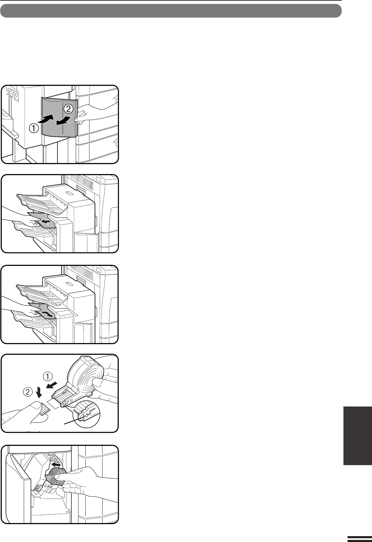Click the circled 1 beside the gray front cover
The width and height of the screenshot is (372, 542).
[x=34, y=128]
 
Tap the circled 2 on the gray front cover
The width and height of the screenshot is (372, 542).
[x=68, y=109]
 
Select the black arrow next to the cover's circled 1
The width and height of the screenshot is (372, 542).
[x=46, y=120]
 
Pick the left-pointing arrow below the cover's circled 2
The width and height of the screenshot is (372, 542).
[x=64, y=121]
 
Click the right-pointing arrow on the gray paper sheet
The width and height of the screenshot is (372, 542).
[x=47, y=314]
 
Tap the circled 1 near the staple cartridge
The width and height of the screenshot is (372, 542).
[x=48, y=377]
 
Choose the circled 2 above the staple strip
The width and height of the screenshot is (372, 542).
[x=28, y=392]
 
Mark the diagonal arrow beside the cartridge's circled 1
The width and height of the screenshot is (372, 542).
[x=52, y=384]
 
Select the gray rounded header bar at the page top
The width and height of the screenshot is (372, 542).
[x=171, y=11]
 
